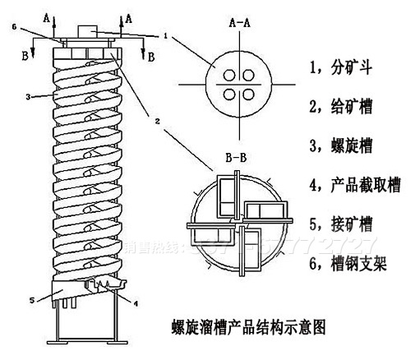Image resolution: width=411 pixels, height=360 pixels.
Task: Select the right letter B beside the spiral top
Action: [x=150, y=56]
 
